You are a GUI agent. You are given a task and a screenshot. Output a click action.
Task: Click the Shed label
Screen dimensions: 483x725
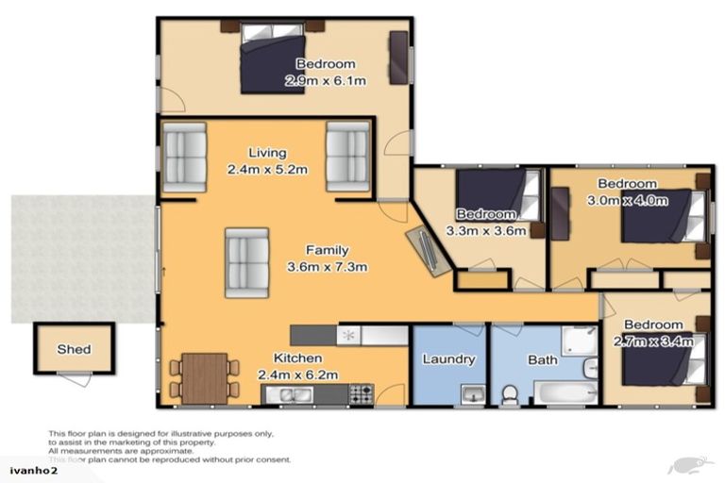pos(74,349)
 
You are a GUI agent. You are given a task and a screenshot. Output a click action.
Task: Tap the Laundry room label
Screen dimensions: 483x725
pos(447,359)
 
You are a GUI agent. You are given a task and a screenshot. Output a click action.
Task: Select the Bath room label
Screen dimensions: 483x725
pos(542,359)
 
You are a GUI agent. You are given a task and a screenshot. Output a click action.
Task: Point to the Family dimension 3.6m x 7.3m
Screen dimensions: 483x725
pos(327,265)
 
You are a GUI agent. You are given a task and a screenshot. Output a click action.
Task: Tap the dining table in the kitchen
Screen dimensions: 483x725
pos(204,376)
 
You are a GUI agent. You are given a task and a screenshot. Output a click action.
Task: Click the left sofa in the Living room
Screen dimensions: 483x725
pos(184,157)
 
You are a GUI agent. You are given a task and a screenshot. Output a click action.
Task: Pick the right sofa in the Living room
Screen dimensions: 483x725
pos(347,157)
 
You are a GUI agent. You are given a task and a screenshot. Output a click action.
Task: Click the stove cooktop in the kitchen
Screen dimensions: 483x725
pos(362,394)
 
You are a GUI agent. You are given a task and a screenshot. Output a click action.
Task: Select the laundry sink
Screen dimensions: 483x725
pos(472,393)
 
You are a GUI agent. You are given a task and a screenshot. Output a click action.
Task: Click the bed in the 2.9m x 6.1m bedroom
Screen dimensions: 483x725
pos(273,59)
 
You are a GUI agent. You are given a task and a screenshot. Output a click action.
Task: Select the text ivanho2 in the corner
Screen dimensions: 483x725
pos(27,469)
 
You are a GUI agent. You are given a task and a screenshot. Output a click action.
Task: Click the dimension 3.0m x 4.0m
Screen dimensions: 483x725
pos(628,200)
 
